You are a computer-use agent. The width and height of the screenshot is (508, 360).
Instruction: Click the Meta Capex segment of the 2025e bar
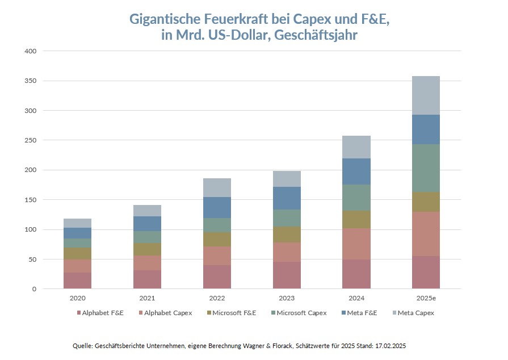(426, 95)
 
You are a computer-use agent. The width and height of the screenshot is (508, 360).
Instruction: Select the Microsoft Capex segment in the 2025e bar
(426, 168)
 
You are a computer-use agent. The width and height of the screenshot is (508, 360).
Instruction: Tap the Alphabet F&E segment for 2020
(78, 281)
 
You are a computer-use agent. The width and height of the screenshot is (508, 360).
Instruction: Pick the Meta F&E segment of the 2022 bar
(217, 207)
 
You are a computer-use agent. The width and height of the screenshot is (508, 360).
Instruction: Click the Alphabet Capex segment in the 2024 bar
(356, 244)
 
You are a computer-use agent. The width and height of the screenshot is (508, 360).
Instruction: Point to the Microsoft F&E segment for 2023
(287, 235)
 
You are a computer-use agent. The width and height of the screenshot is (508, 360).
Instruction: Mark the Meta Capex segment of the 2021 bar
(148, 211)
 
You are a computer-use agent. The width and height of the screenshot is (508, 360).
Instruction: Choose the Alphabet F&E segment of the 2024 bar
(356, 274)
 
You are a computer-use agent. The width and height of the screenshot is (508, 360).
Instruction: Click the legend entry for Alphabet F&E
(100, 313)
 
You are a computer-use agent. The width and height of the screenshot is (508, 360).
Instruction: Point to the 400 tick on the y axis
(31, 51)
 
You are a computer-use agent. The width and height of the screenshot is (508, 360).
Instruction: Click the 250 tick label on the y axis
(31, 140)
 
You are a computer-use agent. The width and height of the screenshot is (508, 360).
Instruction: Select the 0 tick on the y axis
(34, 289)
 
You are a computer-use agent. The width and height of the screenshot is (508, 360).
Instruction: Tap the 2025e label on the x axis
(426, 299)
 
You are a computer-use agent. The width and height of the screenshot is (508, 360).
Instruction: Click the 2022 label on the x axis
(217, 299)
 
